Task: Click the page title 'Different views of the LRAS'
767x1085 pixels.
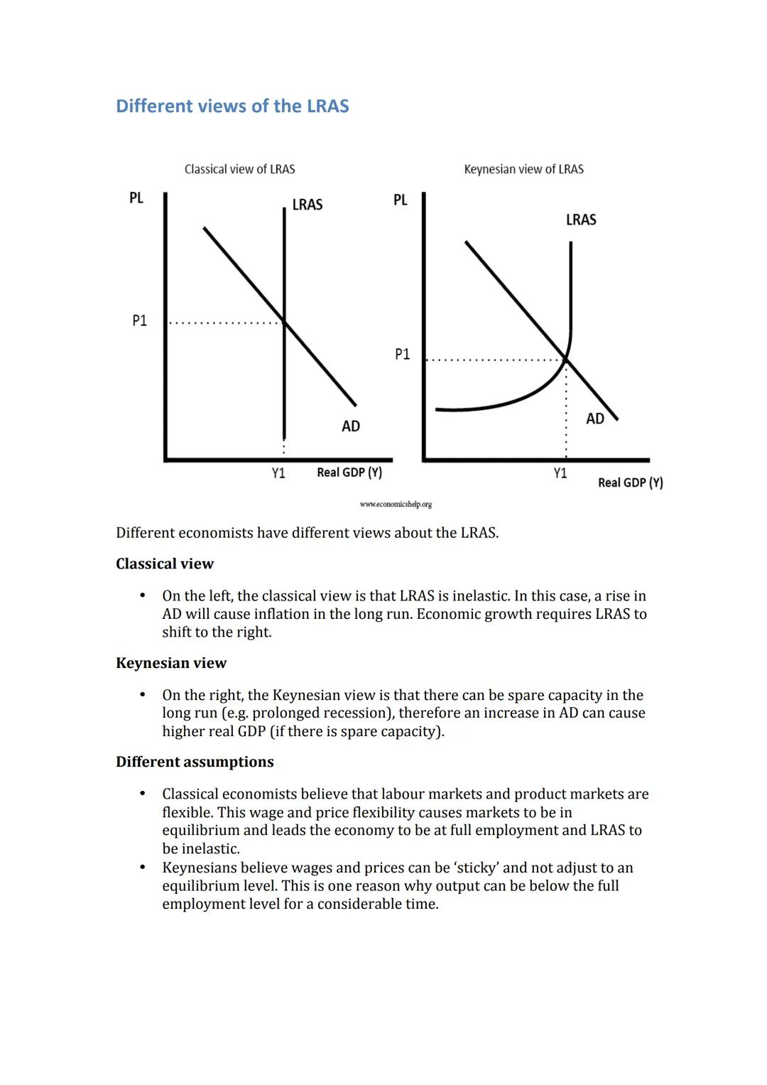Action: [232, 106]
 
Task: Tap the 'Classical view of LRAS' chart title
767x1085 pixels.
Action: [239, 169]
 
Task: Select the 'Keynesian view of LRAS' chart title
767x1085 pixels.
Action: [523, 169]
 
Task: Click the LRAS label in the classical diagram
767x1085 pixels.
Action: [307, 205]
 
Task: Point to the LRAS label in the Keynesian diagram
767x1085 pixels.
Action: [580, 220]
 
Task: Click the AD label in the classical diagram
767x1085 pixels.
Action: [350, 426]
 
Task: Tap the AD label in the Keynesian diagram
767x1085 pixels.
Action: [594, 419]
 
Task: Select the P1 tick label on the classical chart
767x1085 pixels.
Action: [139, 320]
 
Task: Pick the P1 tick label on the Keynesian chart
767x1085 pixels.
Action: [402, 354]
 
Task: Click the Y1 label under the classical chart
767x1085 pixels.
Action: [278, 473]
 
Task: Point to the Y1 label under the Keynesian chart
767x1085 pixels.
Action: [560, 473]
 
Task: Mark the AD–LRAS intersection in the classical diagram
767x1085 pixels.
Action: [284, 323]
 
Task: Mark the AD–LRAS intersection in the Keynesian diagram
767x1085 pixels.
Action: [566, 359]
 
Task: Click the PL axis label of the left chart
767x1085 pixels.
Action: [136, 198]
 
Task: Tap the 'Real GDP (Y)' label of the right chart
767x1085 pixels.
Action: [630, 482]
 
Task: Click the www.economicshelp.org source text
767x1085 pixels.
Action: [396, 504]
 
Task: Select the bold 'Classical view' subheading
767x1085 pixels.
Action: [164, 563]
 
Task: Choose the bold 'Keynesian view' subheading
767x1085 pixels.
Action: [170, 663]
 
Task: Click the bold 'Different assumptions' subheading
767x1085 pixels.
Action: [195, 762]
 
